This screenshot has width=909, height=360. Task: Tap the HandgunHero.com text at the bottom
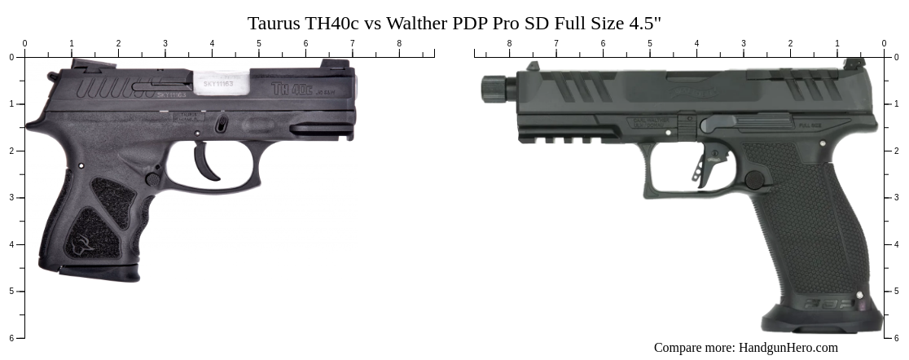788,348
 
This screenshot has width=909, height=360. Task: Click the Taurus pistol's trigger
207,164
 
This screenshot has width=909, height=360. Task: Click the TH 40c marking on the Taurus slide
292,87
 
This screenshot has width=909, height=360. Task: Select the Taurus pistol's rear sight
81,64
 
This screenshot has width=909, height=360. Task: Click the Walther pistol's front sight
533,67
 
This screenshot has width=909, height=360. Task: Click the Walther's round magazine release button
755,179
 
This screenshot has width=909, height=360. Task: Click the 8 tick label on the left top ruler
399,44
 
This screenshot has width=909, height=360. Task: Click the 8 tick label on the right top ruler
509,44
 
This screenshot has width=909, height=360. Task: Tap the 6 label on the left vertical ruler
11,337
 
